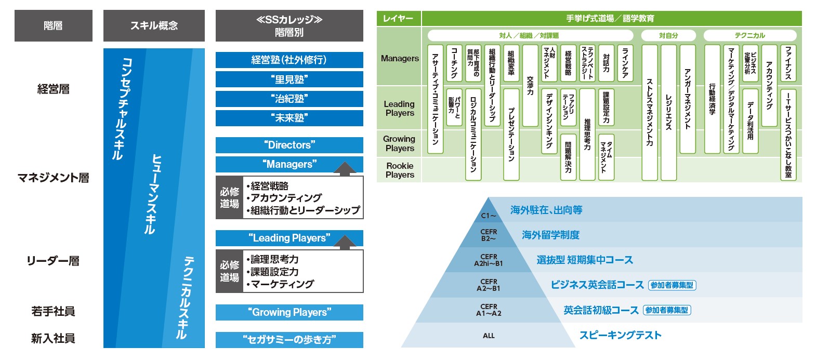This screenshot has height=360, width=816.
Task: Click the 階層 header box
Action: pyautogui.click(x=53, y=25)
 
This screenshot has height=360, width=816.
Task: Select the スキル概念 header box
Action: pyautogui.click(x=154, y=25)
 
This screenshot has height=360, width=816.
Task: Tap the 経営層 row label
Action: pyautogui.click(x=53, y=89)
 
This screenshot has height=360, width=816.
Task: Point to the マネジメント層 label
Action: pyautogui.click(x=53, y=178)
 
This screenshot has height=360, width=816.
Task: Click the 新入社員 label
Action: pyautogui.click(x=53, y=339)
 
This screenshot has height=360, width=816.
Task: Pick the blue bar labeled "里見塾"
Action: pyautogui.click(x=289, y=79)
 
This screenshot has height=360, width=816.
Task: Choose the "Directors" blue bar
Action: pyautogui.click(x=289, y=145)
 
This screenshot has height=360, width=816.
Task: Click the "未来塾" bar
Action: pyautogui.click(x=289, y=118)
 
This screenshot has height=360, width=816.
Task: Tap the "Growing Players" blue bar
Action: pyautogui.click(x=289, y=312)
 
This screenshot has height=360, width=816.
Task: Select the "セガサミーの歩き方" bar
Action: pyautogui.click(x=289, y=340)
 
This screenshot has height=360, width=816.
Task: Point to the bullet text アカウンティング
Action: pyautogui.click(x=286, y=198)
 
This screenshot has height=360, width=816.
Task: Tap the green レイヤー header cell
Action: pyautogui.click(x=398, y=19)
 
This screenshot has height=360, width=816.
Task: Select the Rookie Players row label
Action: pyautogui.click(x=400, y=170)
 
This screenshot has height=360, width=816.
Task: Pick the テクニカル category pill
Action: pyautogui.click(x=749, y=35)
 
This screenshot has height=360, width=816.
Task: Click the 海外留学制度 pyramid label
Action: pyautogui.click(x=550, y=235)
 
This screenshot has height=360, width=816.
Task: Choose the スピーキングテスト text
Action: pyautogui.click(x=621, y=335)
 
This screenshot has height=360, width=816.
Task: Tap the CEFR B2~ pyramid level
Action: pyautogui.click(x=489, y=235)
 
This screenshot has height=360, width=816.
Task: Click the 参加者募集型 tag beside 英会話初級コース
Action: pyautogui.click(x=667, y=310)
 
